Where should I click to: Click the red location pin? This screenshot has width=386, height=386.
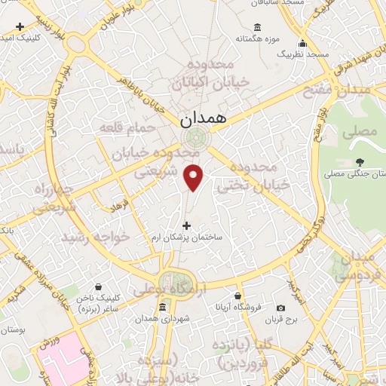coord(195,176)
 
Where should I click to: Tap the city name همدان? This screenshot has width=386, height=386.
coord(202,119)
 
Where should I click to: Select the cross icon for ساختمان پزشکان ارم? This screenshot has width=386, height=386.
coord(187,225)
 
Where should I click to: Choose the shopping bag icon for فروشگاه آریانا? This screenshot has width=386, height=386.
coord(238,296)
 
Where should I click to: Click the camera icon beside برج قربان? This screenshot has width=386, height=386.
coord(281,308)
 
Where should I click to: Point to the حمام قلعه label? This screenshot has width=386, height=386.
coord(127,128)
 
